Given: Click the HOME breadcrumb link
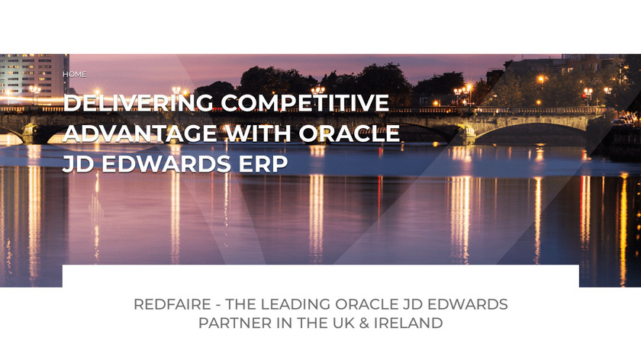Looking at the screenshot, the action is click(75, 75).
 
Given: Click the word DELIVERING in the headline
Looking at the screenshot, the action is click(138, 102).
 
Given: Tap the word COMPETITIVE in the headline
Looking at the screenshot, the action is click(305, 102).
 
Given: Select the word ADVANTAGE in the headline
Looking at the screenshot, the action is click(140, 133).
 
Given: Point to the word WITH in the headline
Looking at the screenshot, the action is click(259, 133).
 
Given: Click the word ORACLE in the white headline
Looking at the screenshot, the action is click(349, 133).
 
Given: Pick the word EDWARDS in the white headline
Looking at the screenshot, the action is click(166, 164).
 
